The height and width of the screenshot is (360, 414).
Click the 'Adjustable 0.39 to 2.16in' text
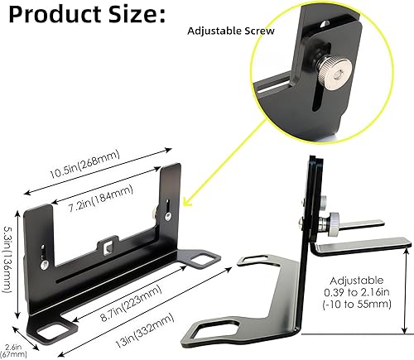(x=365, y=293)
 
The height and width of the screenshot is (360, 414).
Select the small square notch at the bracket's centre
(x=108, y=244)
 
